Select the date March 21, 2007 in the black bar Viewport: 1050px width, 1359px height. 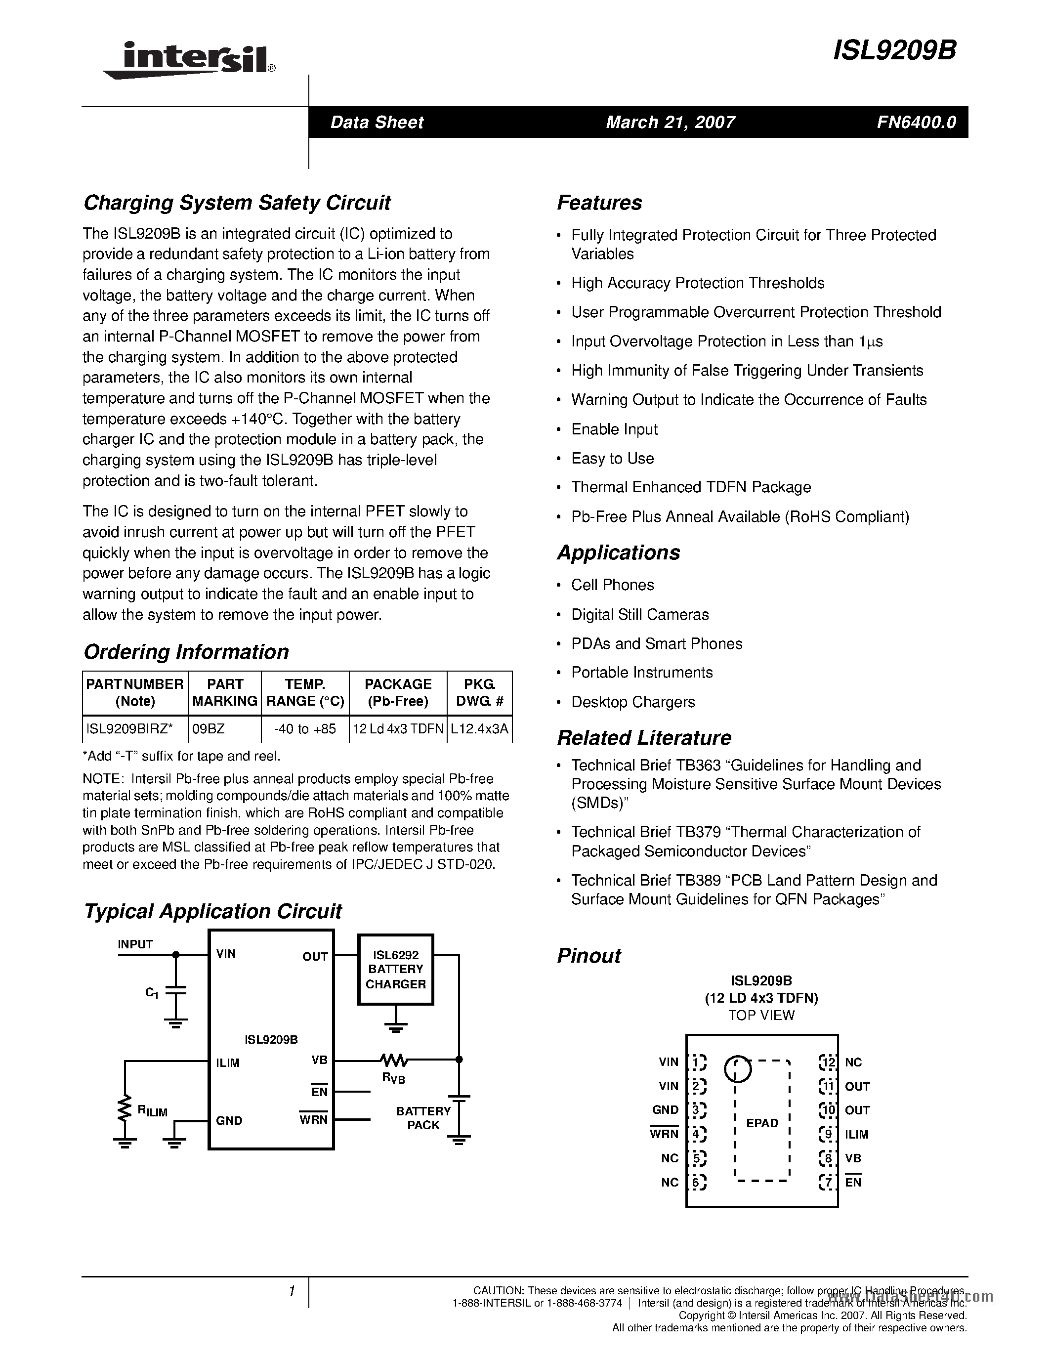click(670, 122)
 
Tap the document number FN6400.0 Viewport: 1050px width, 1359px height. click(916, 122)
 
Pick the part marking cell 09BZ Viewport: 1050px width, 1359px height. click(209, 728)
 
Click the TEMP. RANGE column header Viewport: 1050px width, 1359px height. click(305, 692)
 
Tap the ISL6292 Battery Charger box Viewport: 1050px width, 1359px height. click(396, 969)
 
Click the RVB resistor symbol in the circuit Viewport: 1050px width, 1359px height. click(394, 1059)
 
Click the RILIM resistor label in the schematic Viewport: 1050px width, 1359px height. click(152, 1111)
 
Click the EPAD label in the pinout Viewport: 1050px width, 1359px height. click(762, 1123)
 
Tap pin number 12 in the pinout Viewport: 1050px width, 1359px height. click(828, 1062)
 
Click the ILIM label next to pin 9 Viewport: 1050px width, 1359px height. click(856, 1134)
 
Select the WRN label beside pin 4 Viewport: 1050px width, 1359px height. click(664, 1134)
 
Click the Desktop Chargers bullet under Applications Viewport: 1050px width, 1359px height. click(632, 702)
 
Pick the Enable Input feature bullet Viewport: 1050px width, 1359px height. click(614, 429)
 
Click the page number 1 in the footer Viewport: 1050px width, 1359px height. click(291, 1292)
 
